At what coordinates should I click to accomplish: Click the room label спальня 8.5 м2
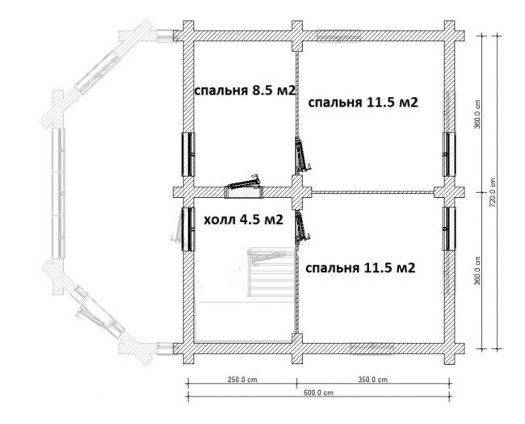pyautogui.click(x=245, y=90)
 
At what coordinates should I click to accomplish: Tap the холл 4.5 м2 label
pyautogui.click(x=243, y=220)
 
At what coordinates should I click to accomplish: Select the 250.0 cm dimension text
pyautogui.click(x=242, y=380)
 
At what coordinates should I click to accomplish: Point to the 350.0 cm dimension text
pyautogui.click(x=372, y=380)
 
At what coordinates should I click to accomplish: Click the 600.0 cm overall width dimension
pyautogui.click(x=318, y=393)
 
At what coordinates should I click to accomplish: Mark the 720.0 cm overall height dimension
pyautogui.click(x=492, y=192)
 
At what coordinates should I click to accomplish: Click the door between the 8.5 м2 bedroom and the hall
pyautogui.click(x=244, y=188)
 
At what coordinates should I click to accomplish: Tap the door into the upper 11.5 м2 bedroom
pyautogui.click(x=302, y=156)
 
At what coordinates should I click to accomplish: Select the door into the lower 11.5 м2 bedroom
pyautogui.click(x=302, y=227)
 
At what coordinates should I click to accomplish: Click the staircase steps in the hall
pyautogui.click(x=271, y=273)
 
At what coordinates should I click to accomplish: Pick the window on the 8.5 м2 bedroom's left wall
pyautogui.click(x=188, y=154)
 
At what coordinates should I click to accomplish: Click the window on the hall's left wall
pyautogui.click(x=188, y=229)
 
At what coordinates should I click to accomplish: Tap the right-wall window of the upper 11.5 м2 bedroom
pyautogui.click(x=449, y=154)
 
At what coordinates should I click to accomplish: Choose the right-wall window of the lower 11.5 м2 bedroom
pyautogui.click(x=449, y=229)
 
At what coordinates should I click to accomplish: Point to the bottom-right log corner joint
pyautogui.click(x=449, y=349)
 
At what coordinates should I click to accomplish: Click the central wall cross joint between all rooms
pyautogui.click(x=297, y=192)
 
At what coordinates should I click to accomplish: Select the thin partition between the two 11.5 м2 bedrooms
pyautogui.click(x=373, y=192)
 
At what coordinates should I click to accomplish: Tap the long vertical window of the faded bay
pyautogui.click(x=59, y=193)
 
